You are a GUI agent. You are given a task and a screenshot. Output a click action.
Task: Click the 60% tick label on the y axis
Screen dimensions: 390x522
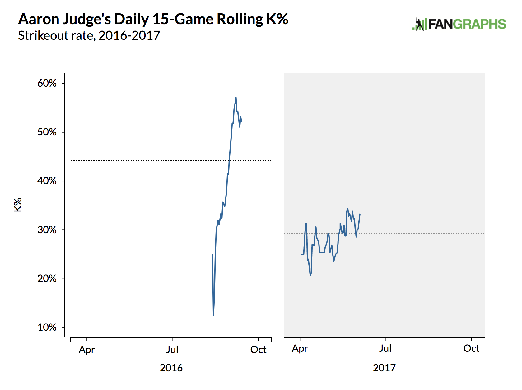click(x=47, y=83)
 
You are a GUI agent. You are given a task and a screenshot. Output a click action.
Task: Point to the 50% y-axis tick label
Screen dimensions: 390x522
click(x=47, y=132)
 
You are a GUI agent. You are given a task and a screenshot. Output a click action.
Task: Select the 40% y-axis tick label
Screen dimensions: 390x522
click(x=47, y=181)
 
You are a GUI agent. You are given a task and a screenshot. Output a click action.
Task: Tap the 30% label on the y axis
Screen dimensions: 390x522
click(x=47, y=230)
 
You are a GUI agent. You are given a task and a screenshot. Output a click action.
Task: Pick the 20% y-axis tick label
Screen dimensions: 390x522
click(x=47, y=279)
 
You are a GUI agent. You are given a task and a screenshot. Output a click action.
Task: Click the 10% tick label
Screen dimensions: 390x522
click(x=47, y=327)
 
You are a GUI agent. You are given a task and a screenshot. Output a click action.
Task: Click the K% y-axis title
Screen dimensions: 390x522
click(x=18, y=205)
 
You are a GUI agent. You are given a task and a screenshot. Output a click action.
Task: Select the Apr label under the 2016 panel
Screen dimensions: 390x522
click(x=86, y=350)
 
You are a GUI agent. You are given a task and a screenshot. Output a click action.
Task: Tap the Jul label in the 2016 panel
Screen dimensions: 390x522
click(x=172, y=350)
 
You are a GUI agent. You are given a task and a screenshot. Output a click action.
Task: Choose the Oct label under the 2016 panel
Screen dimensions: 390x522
click(x=258, y=350)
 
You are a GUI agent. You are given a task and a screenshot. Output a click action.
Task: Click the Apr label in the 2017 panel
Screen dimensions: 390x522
click(x=300, y=348)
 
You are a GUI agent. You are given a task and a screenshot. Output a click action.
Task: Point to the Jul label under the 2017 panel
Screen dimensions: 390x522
click(x=385, y=348)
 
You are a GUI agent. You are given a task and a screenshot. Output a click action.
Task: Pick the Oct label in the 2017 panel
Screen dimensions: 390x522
click(x=471, y=348)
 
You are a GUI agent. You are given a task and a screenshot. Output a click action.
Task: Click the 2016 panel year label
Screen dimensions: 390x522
click(x=171, y=368)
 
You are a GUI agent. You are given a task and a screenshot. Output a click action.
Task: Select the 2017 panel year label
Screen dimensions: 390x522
click(x=384, y=368)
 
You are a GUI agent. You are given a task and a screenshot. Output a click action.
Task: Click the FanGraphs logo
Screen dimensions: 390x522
click(x=459, y=24)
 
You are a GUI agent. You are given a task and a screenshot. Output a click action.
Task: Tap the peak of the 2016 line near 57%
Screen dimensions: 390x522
click(x=236, y=97)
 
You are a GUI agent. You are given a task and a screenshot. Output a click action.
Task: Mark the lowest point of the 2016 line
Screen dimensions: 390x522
click(x=213, y=315)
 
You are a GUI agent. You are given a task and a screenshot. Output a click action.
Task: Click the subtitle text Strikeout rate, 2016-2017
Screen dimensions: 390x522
click(x=89, y=35)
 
